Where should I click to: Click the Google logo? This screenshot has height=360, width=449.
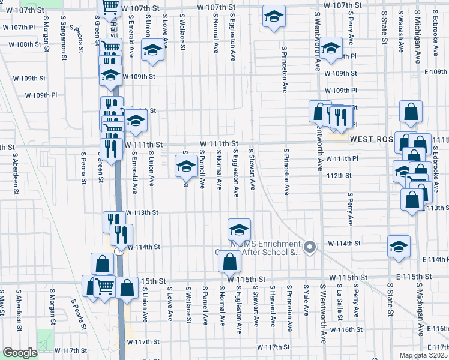tap(20, 353)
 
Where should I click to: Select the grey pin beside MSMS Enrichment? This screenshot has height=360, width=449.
tap(310, 247)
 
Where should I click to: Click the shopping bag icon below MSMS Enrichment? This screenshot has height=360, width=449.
tap(229, 262)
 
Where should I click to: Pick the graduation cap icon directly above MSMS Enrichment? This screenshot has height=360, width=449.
tap(239, 229)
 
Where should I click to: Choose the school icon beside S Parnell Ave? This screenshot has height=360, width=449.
tap(186, 166)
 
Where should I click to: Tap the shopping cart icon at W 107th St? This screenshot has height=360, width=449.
tap(110, 7)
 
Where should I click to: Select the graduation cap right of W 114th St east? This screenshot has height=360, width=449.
tap(399, 247)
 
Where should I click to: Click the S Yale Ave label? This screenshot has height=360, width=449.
tap(306, 300)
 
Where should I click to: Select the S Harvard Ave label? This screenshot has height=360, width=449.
tap(273, 306)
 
